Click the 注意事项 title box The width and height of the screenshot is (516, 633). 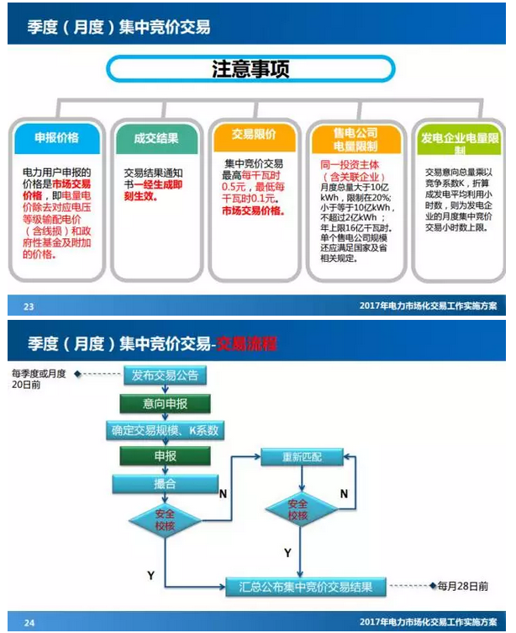(x=251, y=68)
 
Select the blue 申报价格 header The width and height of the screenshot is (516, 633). (x=55, y=137)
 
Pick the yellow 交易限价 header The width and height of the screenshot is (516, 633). (x=254, y=134)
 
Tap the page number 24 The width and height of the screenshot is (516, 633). (x=29, y=622)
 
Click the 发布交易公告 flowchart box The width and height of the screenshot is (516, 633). (x=165, y=375)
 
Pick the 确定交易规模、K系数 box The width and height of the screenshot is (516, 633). (x=165, y=430)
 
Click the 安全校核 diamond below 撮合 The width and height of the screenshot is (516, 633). (x=164, y=519)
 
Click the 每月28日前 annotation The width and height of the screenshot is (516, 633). (x=460, y=586)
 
